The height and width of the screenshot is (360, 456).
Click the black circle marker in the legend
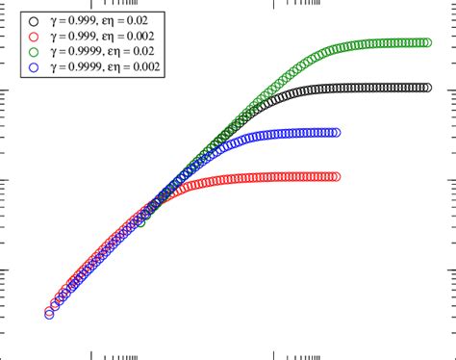point(36,19)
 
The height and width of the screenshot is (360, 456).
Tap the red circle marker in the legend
point(36,35)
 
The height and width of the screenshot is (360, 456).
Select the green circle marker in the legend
point(36,50)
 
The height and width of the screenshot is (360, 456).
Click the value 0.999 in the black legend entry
point(80,19)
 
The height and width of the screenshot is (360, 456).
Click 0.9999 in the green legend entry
point(83,50)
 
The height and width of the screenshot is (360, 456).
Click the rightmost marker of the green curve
point(425,42)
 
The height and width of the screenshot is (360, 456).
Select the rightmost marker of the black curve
point(425,87)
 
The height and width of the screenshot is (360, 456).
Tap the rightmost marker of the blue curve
point(336,132)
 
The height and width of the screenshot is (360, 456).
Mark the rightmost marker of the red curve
point(336,176)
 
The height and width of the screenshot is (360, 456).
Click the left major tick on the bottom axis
point(91,352)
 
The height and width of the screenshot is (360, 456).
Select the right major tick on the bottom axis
point(275,352)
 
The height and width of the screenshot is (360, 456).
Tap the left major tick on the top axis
point(91,4)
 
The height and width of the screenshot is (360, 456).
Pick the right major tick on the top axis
point(275,4)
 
